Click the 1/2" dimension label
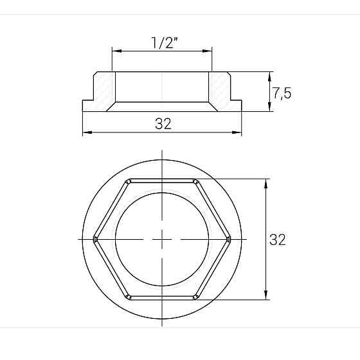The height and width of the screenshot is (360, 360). (x=163, y=43)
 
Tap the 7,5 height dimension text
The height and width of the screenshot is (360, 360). (x=282, y=93)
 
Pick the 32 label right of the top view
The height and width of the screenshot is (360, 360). (x=278, y=240)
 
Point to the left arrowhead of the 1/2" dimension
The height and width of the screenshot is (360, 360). (x=114, y=51)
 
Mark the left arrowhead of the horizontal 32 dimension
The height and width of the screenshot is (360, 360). (x=85, y=132)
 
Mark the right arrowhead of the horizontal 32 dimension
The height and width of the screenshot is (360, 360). (x=239, y=132)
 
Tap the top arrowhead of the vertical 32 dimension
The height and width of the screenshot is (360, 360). (x=265, y=182)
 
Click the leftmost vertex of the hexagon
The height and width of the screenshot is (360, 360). (x=94, y=239)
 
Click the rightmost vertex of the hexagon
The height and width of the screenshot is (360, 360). (x=230, y=239)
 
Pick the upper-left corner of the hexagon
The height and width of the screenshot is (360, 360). (x=129, y=180)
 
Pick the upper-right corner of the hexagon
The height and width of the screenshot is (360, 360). (x=195, y=180)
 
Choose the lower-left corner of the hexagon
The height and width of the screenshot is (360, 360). (x=129, y=298)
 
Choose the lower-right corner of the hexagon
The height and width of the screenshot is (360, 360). (x=195, y=298)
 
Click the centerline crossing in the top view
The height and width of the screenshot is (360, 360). (x=162, y=239)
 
